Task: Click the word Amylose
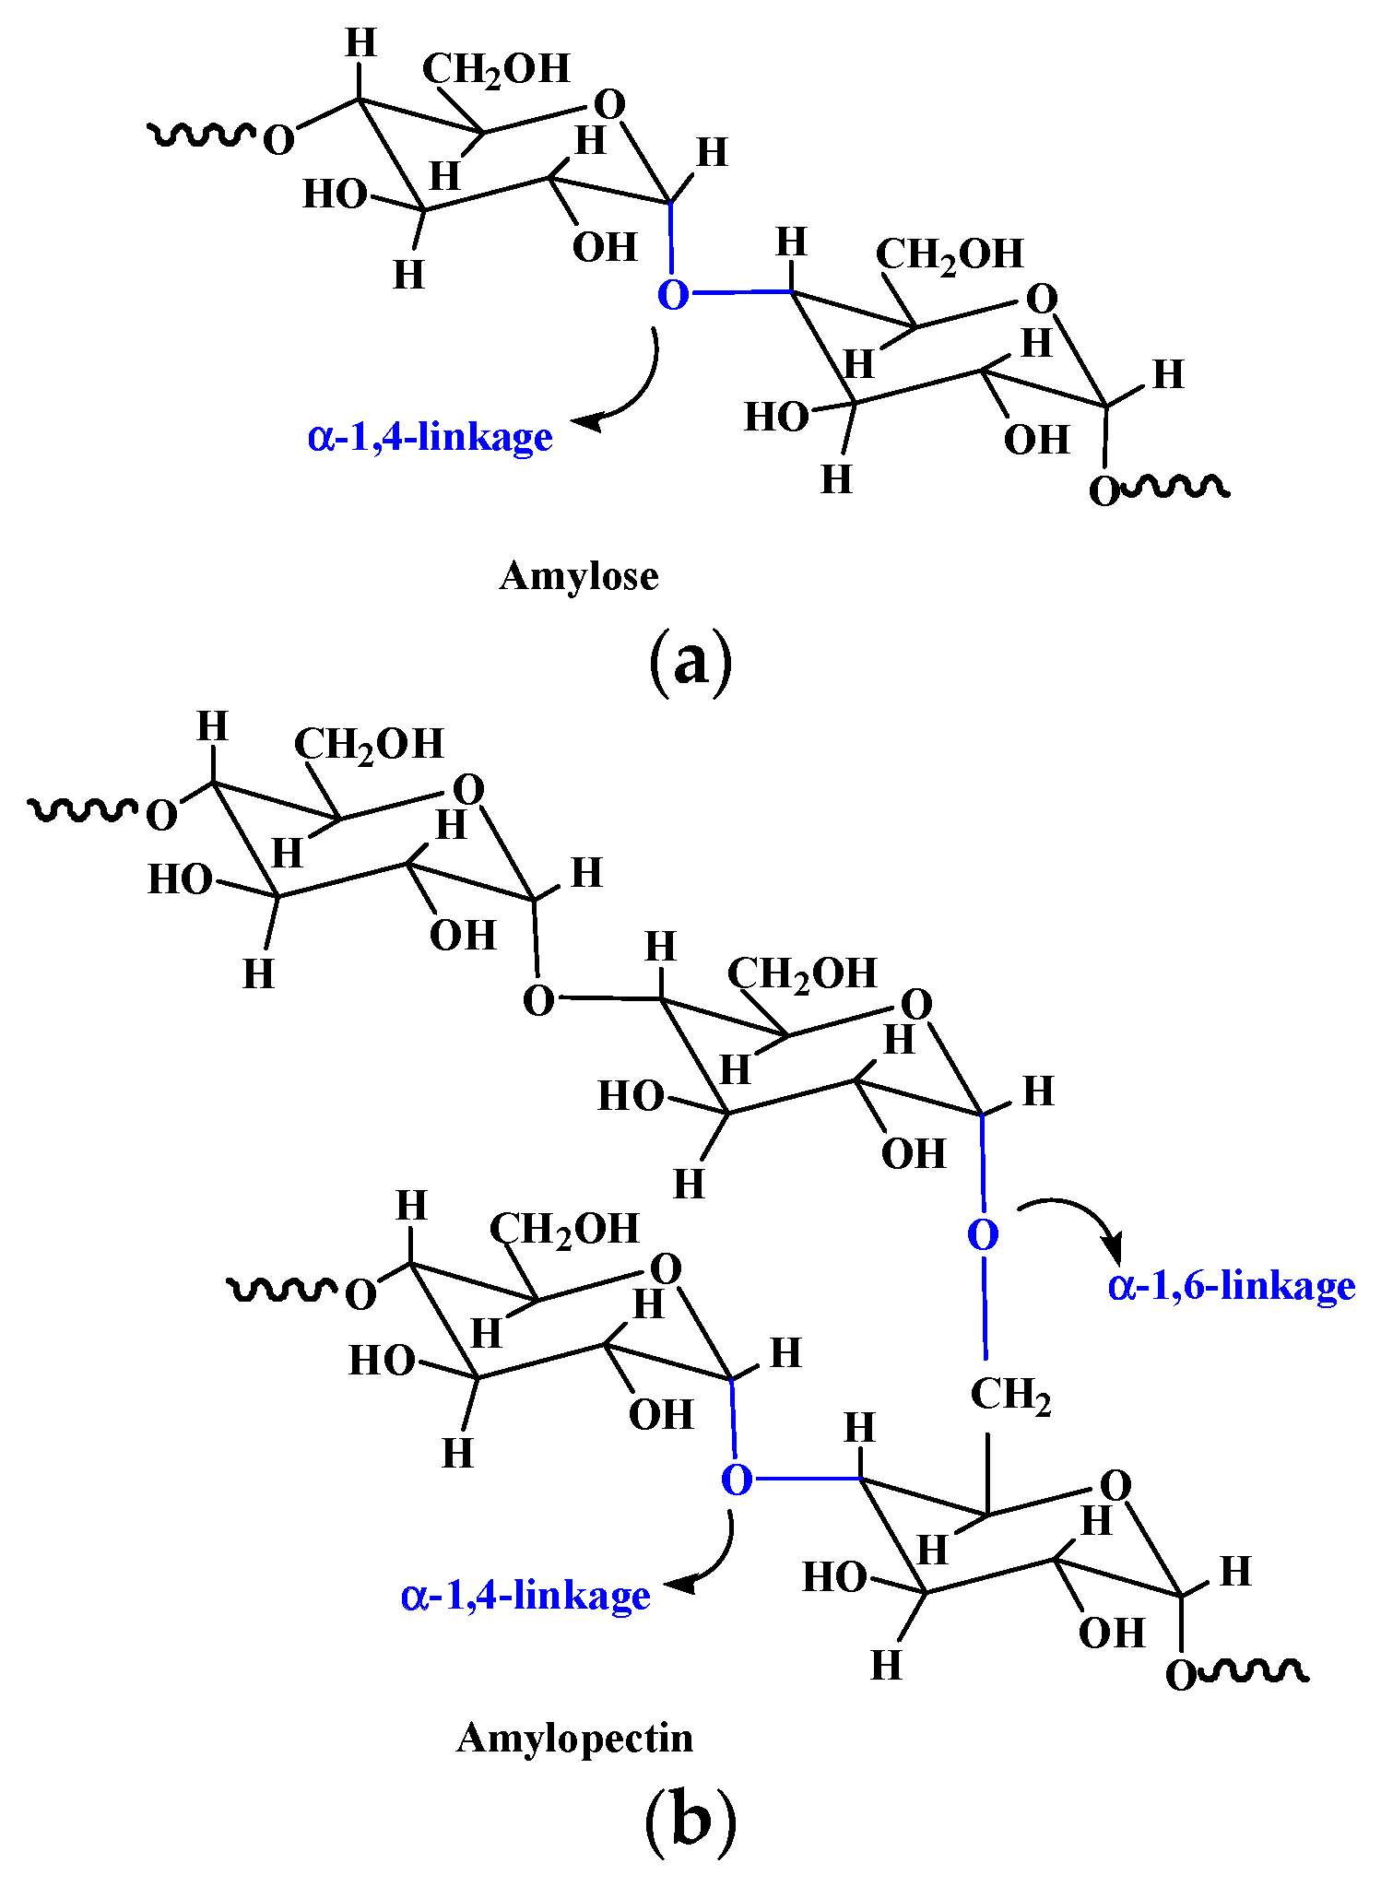click(579, 577)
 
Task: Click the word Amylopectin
click(574, 1739)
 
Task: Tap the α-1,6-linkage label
click(1232, 1286)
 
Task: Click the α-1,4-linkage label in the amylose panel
click(431, 436)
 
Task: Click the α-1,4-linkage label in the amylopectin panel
click(525, 1595)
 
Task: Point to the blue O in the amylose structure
click(673, 295)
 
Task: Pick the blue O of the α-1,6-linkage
click(983, 1235)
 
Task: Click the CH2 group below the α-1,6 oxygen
click(1010, 1396)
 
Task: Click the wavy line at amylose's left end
click(201, 136)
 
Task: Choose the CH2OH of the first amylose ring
click(496, 70)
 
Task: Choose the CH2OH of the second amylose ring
click(949, 255)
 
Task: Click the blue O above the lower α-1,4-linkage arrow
click(737, 1480)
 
